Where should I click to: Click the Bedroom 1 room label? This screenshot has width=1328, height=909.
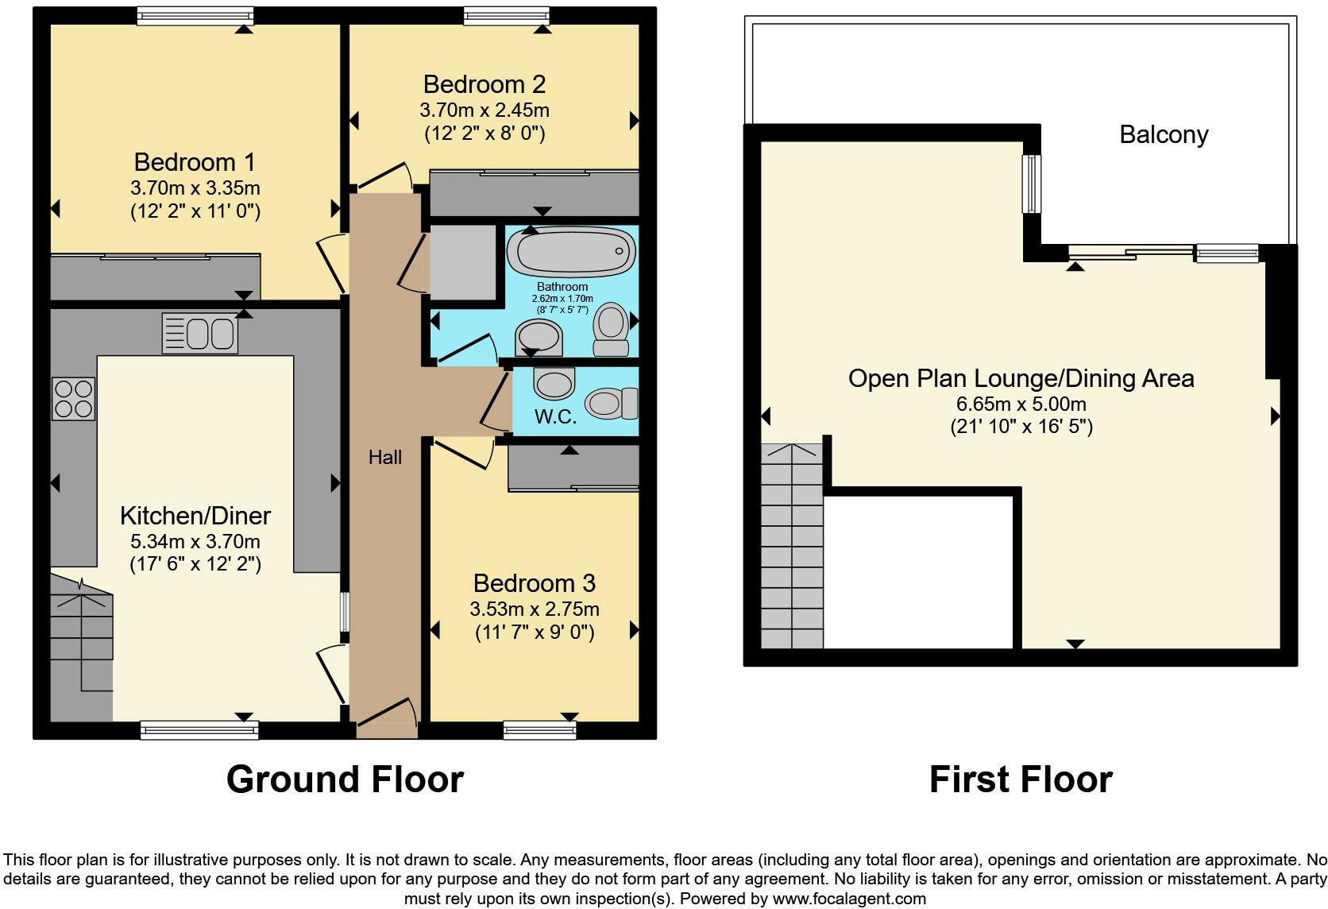pos(195,162)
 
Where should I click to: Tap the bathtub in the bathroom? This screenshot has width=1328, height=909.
pos(569,252)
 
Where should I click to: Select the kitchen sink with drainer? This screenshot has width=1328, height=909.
pos(199,333)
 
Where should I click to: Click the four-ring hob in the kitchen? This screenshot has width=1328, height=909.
pos(73,398)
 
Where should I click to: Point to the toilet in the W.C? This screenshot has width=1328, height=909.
pos(612,403)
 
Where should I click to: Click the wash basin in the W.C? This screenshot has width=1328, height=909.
pos(554,383)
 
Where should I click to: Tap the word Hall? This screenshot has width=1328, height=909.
pos(385,457)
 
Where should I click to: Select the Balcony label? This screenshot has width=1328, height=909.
pos(1164,134)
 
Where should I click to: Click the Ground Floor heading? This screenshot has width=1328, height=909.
pos(345,779)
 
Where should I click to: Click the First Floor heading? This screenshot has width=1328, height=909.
pos(1021,779)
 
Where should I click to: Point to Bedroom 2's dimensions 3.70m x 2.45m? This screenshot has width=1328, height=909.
pos(484,110)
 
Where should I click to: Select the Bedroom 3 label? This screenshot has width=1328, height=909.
pos(534,583)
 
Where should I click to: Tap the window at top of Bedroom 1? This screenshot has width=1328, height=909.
pos(195,16)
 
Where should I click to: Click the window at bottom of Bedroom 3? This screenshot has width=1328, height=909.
pos(539,729)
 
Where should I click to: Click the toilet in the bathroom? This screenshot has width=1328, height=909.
pos(612,329)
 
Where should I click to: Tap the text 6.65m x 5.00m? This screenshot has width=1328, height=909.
pos(1021,404)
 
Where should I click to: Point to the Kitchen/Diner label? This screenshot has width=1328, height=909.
pos(195,516)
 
